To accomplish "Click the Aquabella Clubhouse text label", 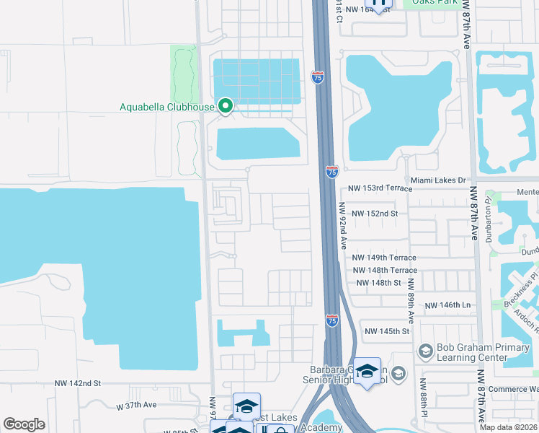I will click(x=167, y=108).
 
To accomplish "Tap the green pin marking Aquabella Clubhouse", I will click(x=225, y=106).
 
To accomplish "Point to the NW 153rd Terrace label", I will click(x=380, y=188).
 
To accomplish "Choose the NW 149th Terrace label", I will click(x=384, y=258).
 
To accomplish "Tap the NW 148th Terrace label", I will click(x=385, y=271).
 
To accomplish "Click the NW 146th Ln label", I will click(x=447, y=305).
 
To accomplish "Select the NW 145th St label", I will click(x=387, y=331).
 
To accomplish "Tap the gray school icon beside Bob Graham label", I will click(x=424, y=351).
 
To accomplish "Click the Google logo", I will click(x=24, y=424).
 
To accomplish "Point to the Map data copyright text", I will click(x=509, y=427).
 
